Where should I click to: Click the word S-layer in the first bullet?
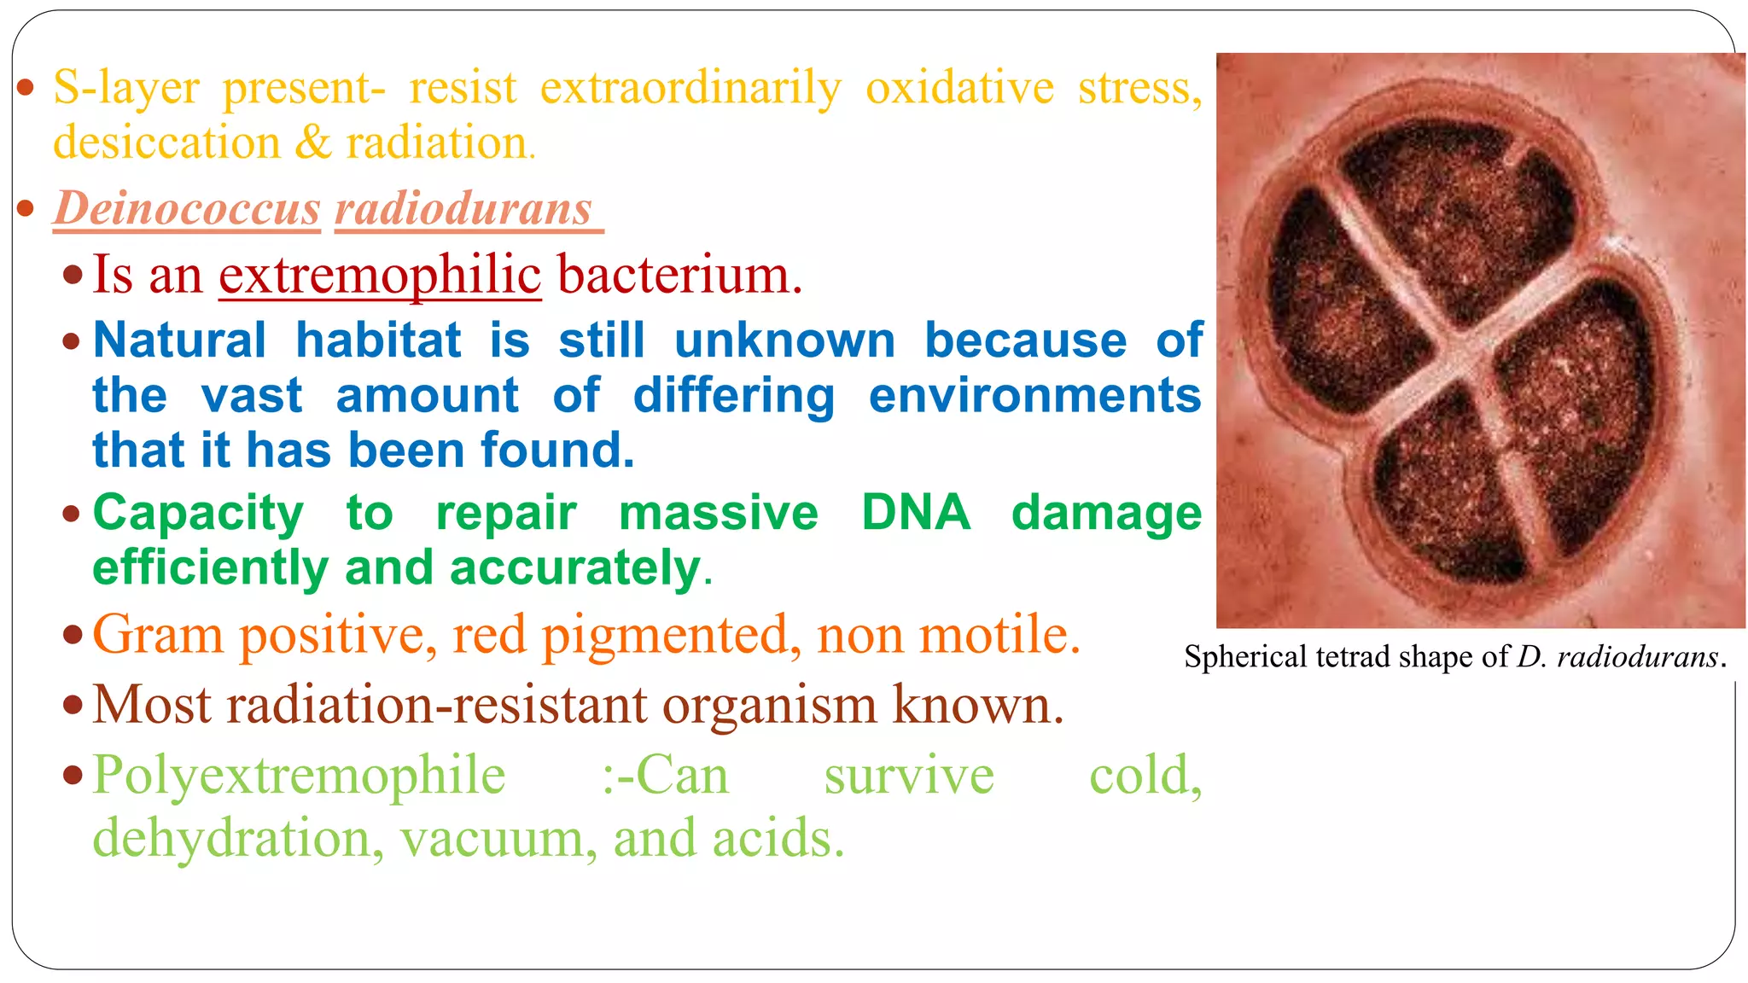126,88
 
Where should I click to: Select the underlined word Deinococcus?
187,208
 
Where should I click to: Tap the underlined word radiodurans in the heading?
463,208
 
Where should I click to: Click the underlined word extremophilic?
380,275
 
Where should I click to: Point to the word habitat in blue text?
378,340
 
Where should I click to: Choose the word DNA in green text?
915,513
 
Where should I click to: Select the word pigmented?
672,636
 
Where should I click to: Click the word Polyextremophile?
299,776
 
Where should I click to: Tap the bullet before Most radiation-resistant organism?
73,706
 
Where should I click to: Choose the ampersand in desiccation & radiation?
312,143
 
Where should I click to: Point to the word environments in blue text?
1034,396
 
